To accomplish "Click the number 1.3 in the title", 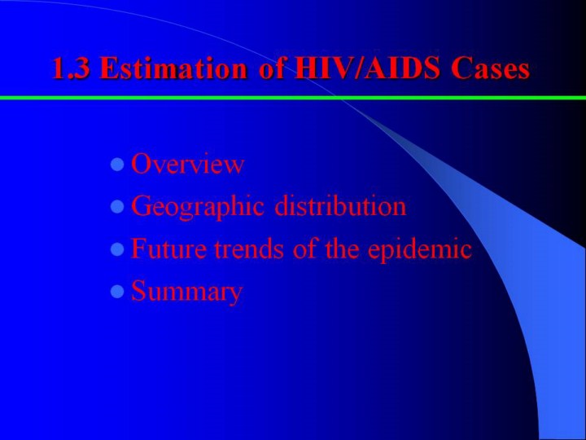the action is (71, 68).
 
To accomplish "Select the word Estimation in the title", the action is (173, 68).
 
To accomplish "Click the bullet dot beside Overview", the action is (117, 165).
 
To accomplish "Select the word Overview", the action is (188, 164).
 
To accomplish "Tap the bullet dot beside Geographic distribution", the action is (117, 207).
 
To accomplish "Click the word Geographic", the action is (198, 206).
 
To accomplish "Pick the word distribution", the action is (340, 206).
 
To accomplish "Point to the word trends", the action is (249, 249).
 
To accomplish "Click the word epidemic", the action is (420, 249).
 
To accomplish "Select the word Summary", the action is (187, 292).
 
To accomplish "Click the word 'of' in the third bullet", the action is (305, 249).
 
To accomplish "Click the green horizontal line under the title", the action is (293, 98).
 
